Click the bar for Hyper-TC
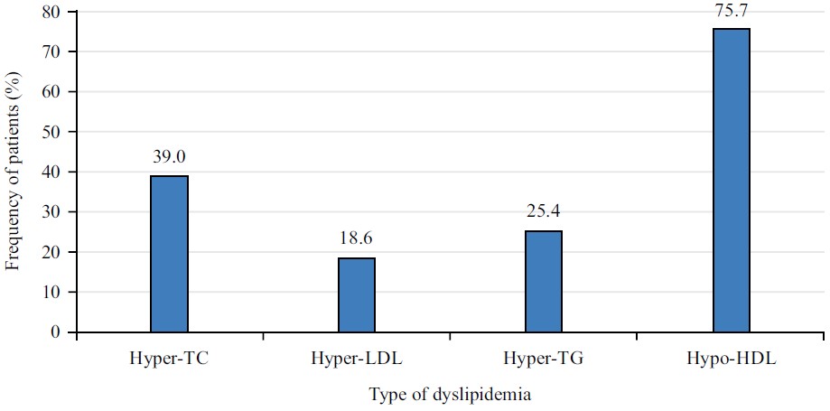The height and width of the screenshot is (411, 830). click(x=169, y=254)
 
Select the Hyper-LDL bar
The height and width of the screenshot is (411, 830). click(x=357, y=294)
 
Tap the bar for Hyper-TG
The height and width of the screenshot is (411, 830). click(x=544, y=281)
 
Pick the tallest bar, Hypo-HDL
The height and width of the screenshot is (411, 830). click(x=731, y=181)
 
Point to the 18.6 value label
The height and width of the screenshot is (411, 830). click(x=357, y=239)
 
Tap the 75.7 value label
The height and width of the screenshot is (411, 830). click(x=731, y=10)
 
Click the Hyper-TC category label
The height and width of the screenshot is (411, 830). click(x=169, y=359)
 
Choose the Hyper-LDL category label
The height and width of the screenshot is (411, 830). click(x=357, y=359)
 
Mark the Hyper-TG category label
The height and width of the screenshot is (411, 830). click(x=544, y=359)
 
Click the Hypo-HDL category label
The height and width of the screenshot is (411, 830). click(x=731, y=359)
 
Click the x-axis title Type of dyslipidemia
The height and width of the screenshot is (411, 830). click(x=449, y=395)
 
